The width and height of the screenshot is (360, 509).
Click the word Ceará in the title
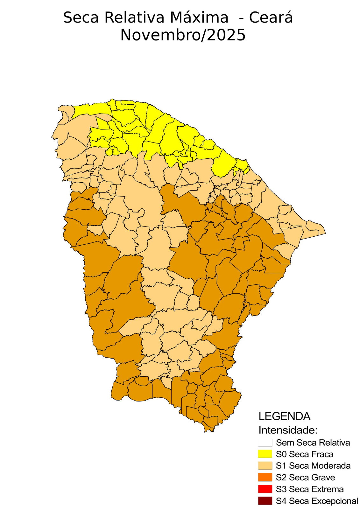(271, 17)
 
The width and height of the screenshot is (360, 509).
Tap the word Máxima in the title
(199, 17)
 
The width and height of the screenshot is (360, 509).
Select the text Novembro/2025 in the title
(183, 35)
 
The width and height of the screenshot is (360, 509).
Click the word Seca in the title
(81, 17)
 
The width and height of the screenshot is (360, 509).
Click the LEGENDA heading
(284, 416)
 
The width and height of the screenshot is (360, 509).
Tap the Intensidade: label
(288, 430)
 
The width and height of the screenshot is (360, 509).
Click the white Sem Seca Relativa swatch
(265, 443)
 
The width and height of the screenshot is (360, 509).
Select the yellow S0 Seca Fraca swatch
(265, 454)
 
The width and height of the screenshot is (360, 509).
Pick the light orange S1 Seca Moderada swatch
(265, 466)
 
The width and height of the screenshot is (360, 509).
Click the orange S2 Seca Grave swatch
(265, 478)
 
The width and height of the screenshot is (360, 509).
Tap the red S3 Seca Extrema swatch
(265, 489)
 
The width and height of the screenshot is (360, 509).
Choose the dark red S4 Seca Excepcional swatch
(265, 501)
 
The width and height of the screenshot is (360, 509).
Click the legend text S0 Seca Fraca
(305, 454)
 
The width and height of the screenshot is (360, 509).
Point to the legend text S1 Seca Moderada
(313, 466)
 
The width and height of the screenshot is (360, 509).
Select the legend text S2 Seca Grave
(305, 478)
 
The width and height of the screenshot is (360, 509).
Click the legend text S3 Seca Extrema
(310, 489)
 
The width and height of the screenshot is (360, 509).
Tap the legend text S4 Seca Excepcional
(317, 501)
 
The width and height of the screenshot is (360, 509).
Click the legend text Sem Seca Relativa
(313, 443)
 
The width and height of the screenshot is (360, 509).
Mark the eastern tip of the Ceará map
(325, 233)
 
